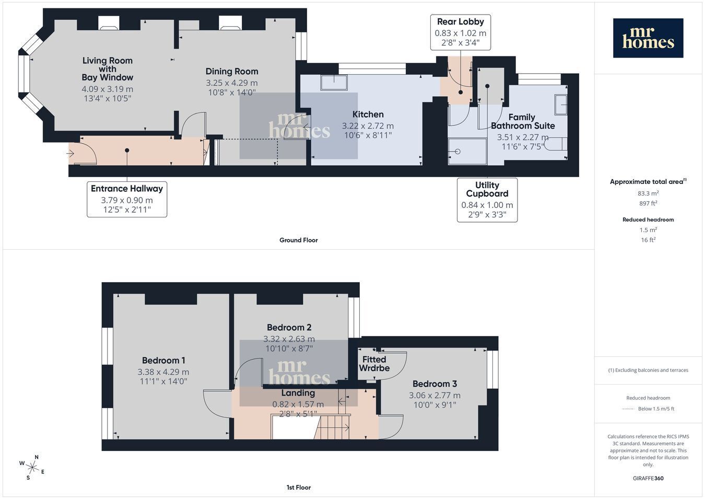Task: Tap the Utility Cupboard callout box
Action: [487, 200]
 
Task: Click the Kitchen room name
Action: [368, 114]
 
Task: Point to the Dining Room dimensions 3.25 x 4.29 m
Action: [232, 83]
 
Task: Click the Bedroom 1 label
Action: [163, 361]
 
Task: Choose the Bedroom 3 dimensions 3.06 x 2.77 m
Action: [434, 396]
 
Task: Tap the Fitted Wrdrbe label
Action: [374, 364]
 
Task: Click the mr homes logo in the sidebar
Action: [648, 38]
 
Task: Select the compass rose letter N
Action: [37, 457]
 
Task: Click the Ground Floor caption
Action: [298, 240]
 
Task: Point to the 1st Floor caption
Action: [298, 488]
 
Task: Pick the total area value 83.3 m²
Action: [648, 193]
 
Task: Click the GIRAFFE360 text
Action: [648, 479]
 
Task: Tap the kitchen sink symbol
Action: [334, 83]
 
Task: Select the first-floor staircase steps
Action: [332, 426]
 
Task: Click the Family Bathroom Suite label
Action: [522, 122]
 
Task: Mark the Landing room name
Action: [298, 393]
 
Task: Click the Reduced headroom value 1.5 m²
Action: [648, 230]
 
